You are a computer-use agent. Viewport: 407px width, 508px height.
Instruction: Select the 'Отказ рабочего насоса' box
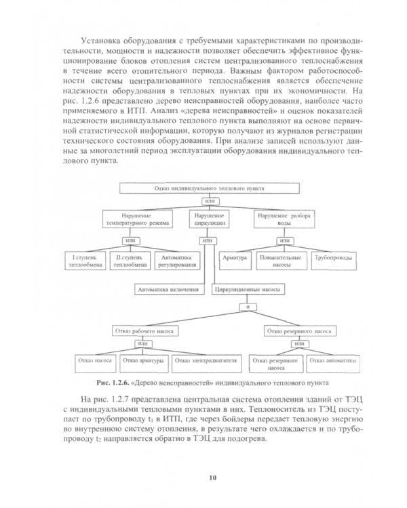(x=143, y=331)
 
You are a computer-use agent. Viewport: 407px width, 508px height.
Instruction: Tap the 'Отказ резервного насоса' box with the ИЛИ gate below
(x=299, y=331)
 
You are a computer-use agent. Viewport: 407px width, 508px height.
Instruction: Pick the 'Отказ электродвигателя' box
(x=206, y=361)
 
